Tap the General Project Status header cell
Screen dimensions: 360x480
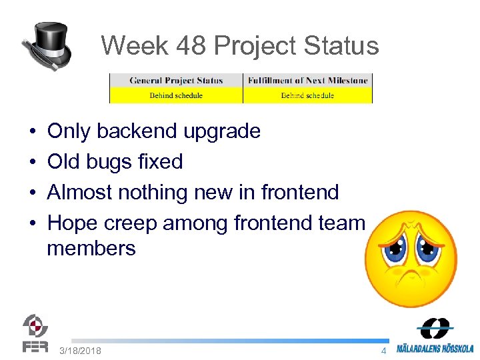point(176,81)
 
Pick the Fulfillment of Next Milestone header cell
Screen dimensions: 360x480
point(307,81)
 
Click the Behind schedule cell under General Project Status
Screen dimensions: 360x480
point(176,95)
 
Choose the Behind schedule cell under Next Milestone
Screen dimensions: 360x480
point(307,95)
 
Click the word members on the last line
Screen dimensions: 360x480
point(91,249)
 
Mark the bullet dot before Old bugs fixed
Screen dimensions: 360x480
point(33,162)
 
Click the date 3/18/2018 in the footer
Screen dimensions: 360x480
point(80,351)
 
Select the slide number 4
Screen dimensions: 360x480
point(383,351)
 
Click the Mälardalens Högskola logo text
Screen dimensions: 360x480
point(435,348)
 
